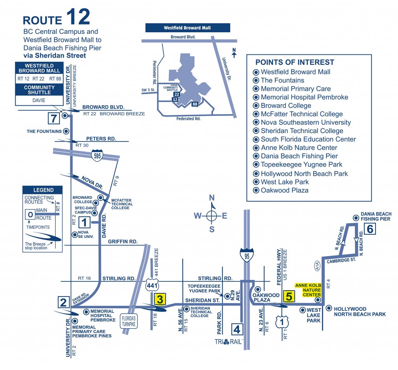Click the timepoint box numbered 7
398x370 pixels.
pyautogui.click(x=53, y=117)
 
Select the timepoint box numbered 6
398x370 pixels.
pyautogui.click(x=370, y=229)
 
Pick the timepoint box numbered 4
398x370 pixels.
pyautogui.click(x=237, y=330)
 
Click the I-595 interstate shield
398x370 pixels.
pyautogui.click(x=97, y=155)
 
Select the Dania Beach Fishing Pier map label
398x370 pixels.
pyautogui.click(x=376, y=216)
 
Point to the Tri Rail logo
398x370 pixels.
pyautogui.click(x=229, y=342)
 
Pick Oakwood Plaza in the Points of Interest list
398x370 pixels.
pyautogui.click(x=285, y=190)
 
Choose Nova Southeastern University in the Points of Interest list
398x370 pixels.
pyautogui.click(x=305, y=122)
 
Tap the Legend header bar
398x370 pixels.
pyautogui.click(x=43, y=190)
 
